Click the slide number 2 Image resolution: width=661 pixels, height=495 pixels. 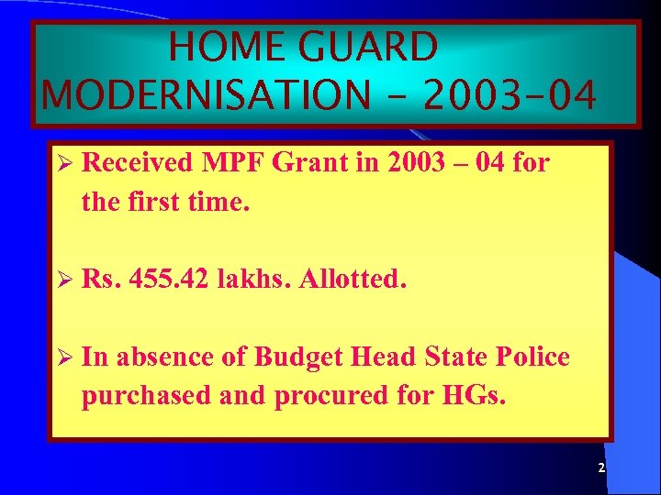(x=600, y=468)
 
